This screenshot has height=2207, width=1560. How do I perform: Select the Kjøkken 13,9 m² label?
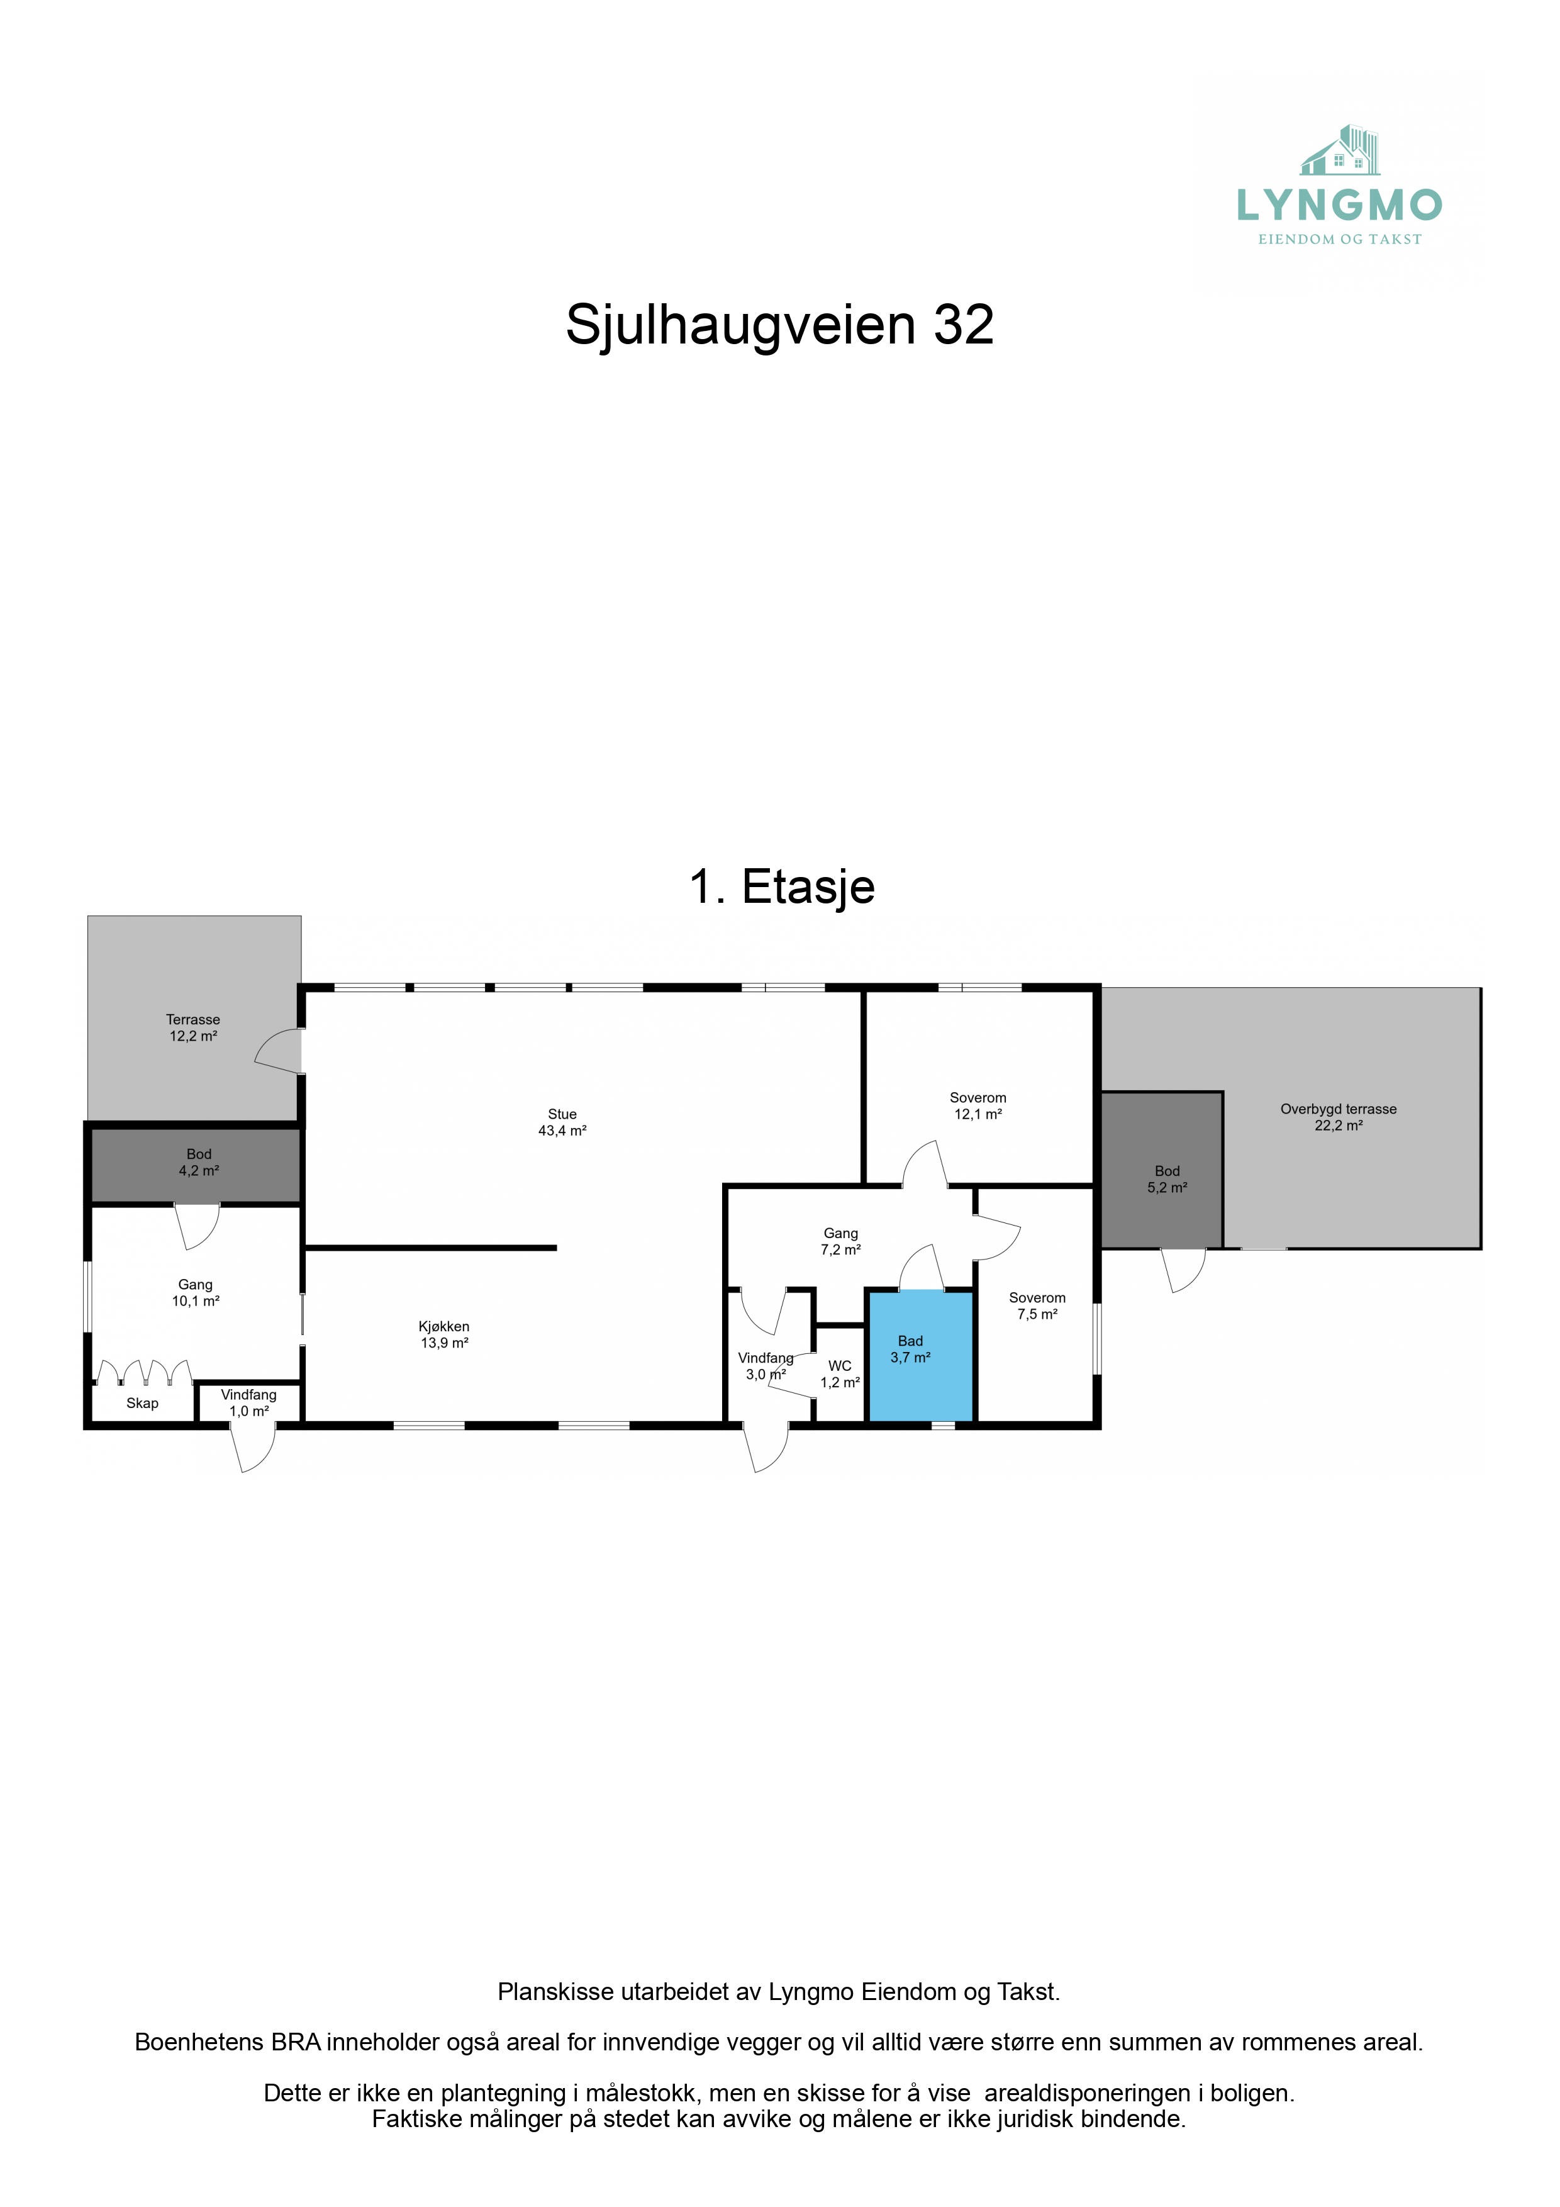[444, 1334]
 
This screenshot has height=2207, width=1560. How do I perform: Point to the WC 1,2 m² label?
[840, 1373]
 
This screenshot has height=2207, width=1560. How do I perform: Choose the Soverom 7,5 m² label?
[1037, 1305]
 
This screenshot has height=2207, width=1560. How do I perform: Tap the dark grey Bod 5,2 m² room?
[1161, 1170]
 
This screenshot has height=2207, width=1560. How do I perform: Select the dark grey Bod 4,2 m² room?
[196, 1165]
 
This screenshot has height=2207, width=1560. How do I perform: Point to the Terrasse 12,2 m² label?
[193, 1027]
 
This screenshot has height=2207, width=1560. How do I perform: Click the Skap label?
[142, 1404]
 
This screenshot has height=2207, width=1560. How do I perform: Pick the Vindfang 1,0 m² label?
[249, 1402]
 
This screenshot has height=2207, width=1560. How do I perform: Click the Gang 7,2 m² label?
[840, 1241]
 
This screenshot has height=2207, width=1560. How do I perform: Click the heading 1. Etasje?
[781, 886]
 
